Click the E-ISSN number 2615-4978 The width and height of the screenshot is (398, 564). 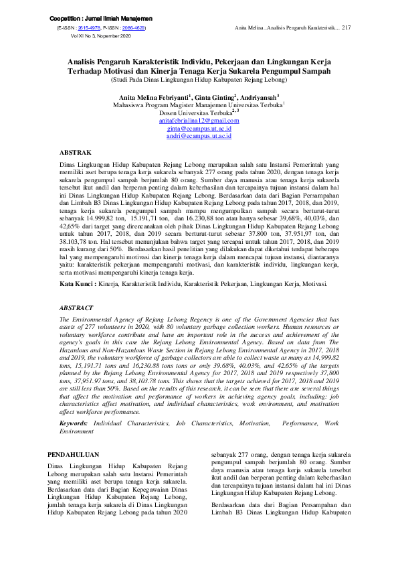coord(89,29)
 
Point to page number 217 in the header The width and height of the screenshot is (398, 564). coord(346,28)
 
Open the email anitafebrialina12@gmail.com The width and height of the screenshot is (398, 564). coord(199,120)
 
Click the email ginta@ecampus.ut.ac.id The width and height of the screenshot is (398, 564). coord(199,127)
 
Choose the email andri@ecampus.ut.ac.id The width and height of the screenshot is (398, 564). coord(199,135)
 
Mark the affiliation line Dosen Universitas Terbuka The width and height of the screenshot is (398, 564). coord(198,112)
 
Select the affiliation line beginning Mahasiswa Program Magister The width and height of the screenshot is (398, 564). coord(199,104)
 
